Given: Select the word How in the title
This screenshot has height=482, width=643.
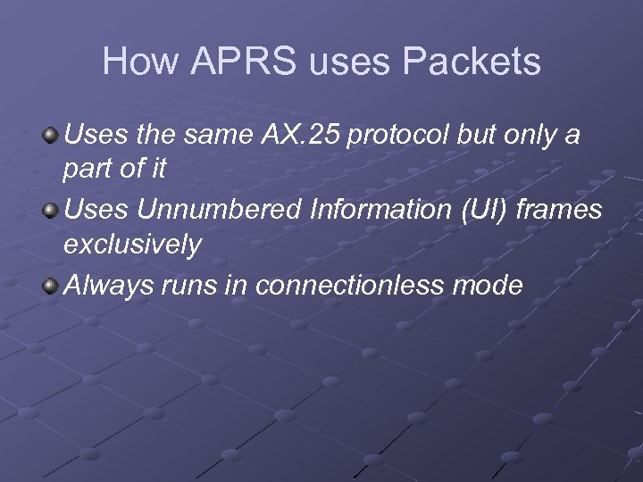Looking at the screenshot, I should [x=133, y=62].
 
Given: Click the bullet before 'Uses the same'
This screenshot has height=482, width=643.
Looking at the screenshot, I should [x=52, y=137].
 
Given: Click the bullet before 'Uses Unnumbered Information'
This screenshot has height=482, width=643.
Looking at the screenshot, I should [x=52, y=212].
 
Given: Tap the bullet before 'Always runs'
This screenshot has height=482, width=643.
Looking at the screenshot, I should [x=52, y=287].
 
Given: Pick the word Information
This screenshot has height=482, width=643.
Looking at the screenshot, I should [x=380, y=211].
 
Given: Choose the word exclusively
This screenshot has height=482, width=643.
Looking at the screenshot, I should [x=132, y=245].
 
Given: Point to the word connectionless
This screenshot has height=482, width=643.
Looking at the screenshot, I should [x=350, y=286].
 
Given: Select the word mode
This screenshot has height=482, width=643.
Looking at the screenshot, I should [x=488, y=286].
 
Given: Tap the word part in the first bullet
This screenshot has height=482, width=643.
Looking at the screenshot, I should [x=89, y=170].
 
